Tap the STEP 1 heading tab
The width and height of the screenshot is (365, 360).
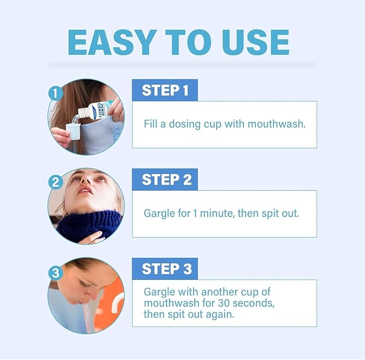[x=165, y=90]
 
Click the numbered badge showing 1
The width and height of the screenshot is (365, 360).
[x=55, y=93]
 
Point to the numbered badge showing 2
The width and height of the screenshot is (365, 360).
[x=55, y=182]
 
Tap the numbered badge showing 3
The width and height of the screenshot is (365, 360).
[x=55, y=272]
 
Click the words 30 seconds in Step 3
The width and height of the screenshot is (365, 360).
[x=248, y=303]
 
